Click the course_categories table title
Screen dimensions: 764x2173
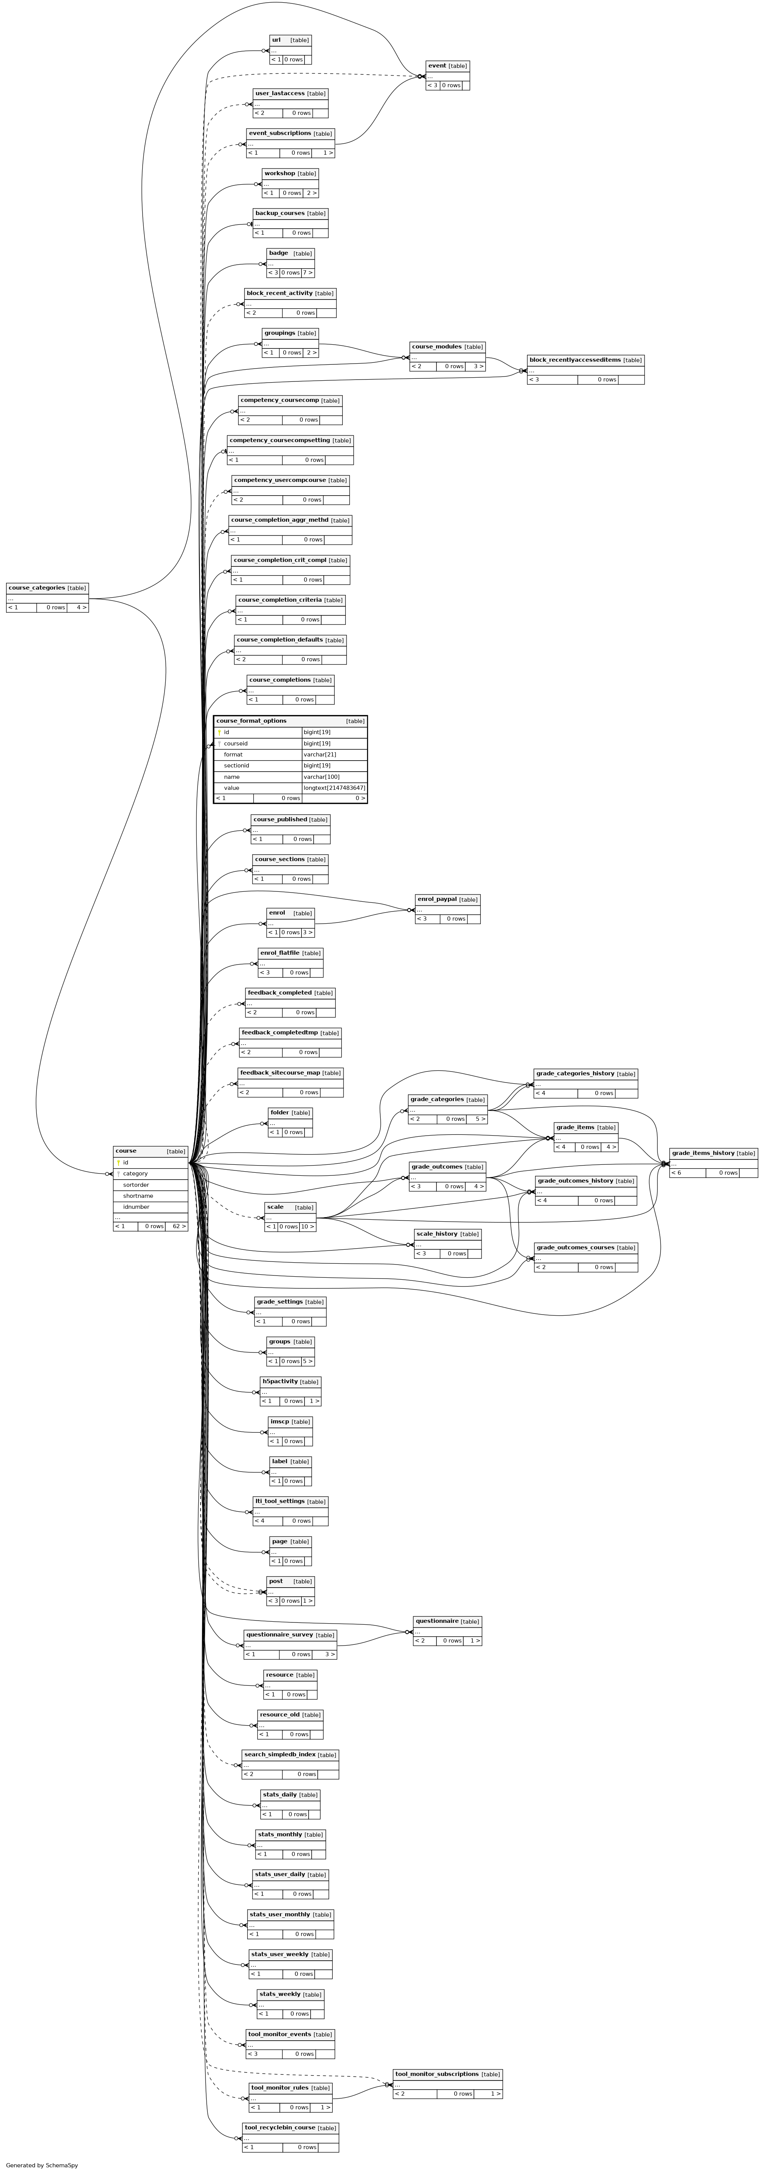(36, 588)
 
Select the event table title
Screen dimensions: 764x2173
(437, 66)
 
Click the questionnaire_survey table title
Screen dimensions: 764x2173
(278, 1635)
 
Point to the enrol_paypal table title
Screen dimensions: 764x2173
(436, 899)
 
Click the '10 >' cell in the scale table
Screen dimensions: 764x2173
(308, 1227)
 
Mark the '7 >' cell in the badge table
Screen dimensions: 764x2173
(308, 273)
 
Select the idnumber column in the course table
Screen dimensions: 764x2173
(136, 1207)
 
